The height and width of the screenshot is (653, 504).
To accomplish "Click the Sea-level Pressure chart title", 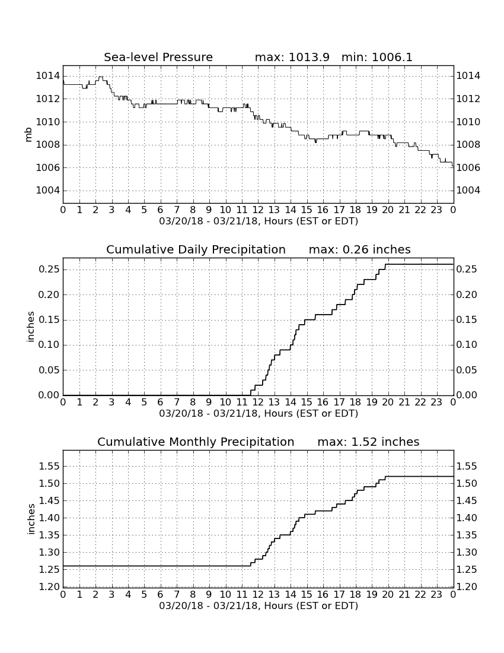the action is click(x=158, y=57).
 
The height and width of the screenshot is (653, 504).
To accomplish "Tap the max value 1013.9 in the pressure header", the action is click(x=309, y=57).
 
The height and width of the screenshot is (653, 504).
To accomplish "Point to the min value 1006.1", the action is click(x=392, y=57).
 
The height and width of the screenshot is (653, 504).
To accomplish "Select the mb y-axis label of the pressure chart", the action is click(x=28, y=134).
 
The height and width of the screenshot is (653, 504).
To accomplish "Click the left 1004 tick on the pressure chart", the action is click(x=48, y=191).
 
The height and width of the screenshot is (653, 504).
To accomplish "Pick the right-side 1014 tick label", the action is click(x=468, y=76).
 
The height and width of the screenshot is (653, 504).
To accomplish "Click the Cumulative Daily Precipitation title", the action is click(x=196, y=249).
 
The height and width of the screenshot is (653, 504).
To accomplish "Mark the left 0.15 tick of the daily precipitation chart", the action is click(x=49, y=320).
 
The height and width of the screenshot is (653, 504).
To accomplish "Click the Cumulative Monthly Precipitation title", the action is click(x=196, y=442).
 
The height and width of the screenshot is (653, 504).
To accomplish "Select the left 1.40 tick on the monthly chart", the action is click(x=49, y=518).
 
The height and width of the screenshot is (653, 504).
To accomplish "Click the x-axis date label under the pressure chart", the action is click(x=259, y=221).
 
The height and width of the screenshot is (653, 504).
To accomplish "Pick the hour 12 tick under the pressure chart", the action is click(x=258, y=210).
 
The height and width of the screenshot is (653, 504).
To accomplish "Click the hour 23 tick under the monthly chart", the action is click(x=436, y=594).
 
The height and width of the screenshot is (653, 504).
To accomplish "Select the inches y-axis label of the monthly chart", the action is click(x=30, y=519).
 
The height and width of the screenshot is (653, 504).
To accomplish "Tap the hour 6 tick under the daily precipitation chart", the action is click(x=161, y=402).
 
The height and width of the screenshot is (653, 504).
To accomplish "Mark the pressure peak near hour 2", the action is click(x=100, y=77).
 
